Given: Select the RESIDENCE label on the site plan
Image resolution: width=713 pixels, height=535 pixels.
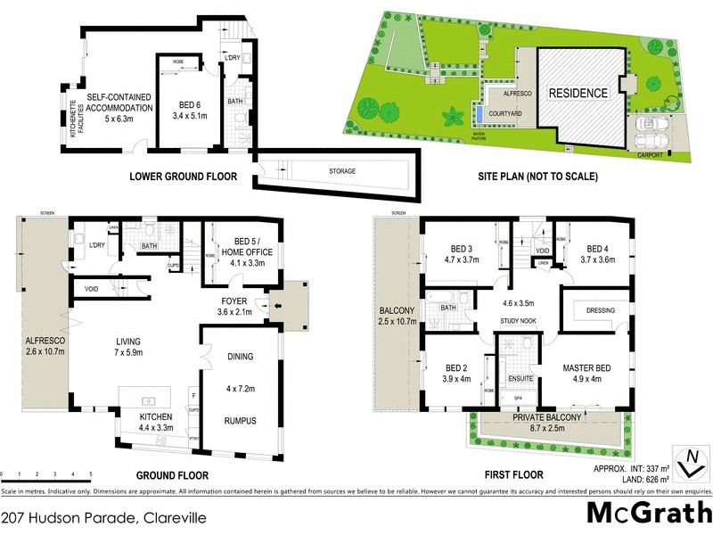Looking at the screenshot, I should [578, 93].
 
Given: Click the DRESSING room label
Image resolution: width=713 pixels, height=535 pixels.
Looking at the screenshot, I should [593, 310].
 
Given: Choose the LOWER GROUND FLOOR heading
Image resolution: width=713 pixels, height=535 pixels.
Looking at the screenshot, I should [183, 177].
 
